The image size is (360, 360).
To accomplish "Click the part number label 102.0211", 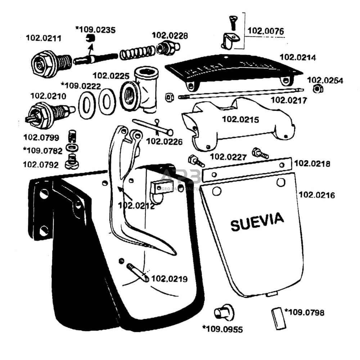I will click(x=44, y=38).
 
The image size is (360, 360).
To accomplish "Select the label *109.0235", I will click(x=95, y=30).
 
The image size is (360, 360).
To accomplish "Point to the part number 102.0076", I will click(x=265, y=31).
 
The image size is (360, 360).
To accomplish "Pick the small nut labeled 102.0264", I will click(x=316, y=89).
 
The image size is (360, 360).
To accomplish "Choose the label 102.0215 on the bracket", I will click(x=240, y=120).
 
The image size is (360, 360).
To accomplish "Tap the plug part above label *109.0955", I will click(x=224, y=312).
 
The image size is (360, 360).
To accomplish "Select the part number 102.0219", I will click(x=169, y=279).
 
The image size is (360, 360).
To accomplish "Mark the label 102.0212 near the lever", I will click(x=136, y=206).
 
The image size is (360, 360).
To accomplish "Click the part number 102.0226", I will click(x=164, y=141).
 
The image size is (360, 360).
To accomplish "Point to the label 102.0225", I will click(x=111, y=76).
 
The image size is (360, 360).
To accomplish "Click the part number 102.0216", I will click(x=317, y=195).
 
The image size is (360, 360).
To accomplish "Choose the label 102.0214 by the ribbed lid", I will click(x=298, y=57).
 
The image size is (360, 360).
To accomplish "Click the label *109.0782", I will click(x=42, y=150).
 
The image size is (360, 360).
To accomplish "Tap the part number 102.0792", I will click(x=41, y=164).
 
